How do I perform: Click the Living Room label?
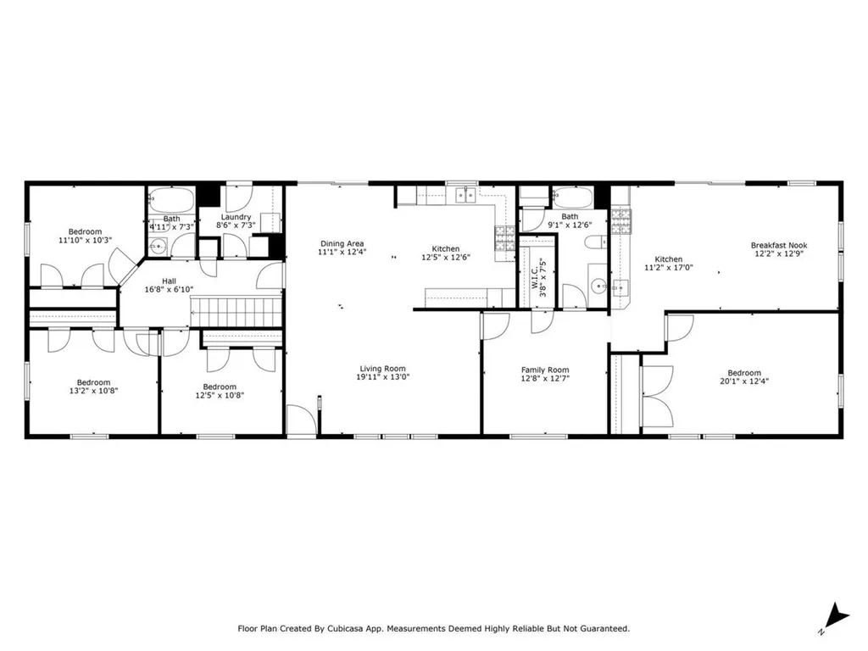click(382, 369)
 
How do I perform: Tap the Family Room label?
click(544, 370)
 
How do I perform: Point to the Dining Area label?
click(342, 244)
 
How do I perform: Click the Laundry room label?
click(235, 217)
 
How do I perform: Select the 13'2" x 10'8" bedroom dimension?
click(93, 392)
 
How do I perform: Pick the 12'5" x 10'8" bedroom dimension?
click(220, 395)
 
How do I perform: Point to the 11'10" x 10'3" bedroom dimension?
click(85, 241)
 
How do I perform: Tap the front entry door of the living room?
click(301, 420)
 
